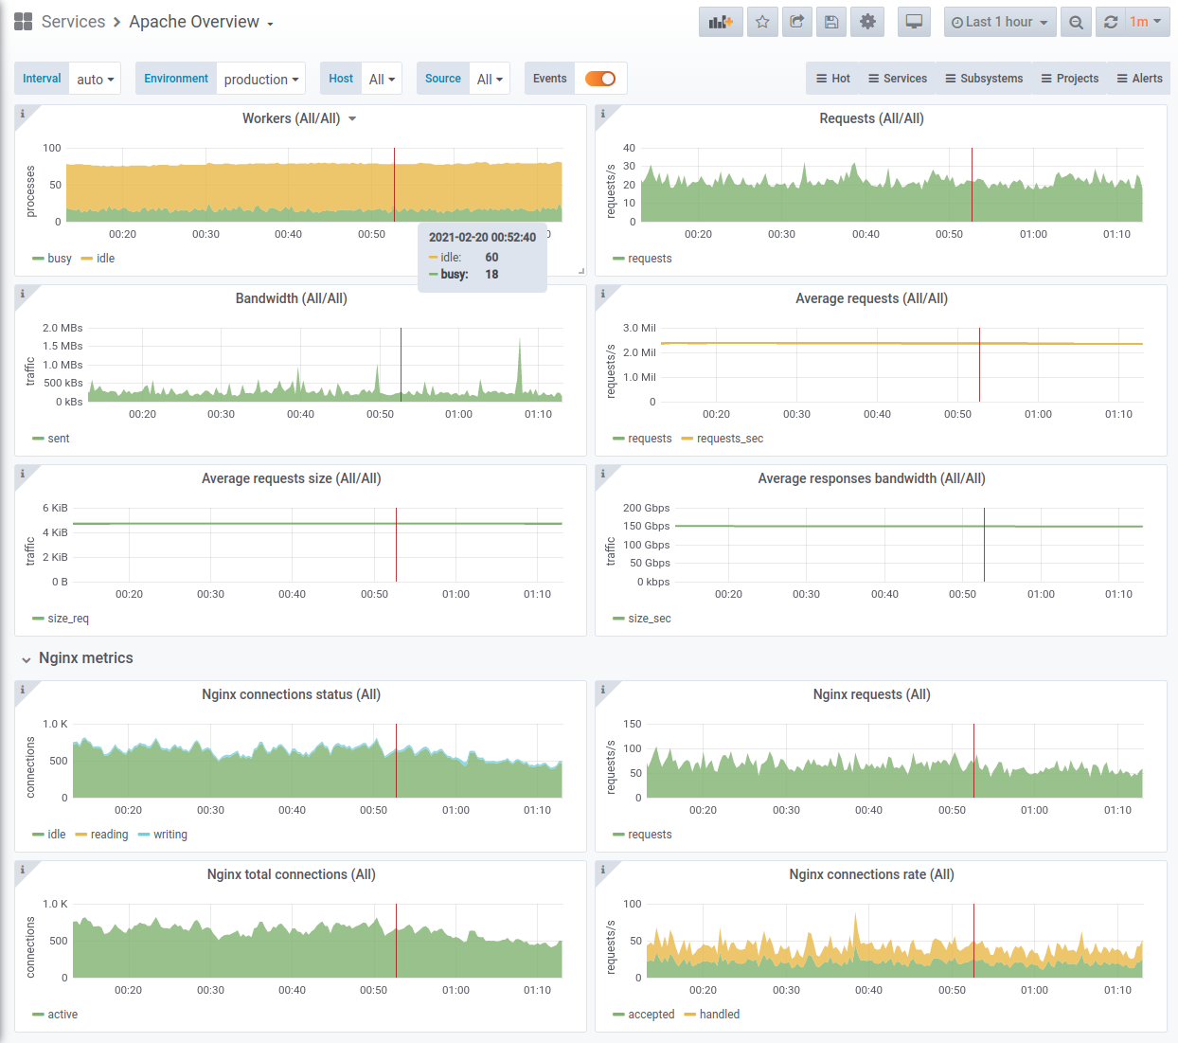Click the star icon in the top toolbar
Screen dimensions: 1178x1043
762,22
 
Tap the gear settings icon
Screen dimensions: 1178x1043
867,22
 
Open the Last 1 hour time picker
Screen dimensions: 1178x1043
999,22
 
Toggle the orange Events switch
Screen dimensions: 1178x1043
600,79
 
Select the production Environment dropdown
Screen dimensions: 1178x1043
261,80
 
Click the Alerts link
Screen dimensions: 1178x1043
1139,79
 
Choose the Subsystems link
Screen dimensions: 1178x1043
984,79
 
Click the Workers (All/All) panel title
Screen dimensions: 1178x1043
292,118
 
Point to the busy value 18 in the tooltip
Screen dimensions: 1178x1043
491,275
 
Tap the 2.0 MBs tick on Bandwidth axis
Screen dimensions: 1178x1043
62,328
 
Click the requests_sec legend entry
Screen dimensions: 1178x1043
723,439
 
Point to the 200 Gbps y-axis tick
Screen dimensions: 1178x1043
646,508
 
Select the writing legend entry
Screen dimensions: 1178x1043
163,835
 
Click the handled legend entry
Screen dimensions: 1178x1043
712,1015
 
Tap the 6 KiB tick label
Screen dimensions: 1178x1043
55,508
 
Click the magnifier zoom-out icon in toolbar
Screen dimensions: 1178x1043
1076,22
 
